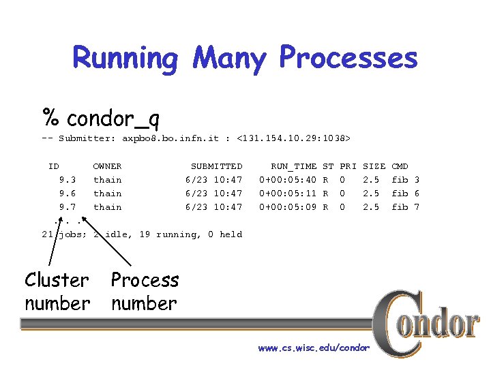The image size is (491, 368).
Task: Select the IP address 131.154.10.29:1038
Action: [x=293, y=139]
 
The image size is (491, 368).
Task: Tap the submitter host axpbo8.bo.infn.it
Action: [x=170, y=139]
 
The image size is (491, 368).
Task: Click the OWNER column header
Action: [x=107, y=166]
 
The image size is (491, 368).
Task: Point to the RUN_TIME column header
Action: [x=293, y=166]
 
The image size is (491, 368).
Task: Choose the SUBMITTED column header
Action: [x=216, y=166]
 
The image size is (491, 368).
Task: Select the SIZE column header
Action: [x=374, y=166]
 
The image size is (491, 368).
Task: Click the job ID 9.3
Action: [x=68, y=180]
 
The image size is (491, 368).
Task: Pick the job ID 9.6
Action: [x=68, y=194]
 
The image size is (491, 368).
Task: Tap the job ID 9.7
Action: [x=68, y=207]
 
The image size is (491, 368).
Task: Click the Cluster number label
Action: [x=57, y=291]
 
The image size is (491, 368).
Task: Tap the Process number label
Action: [x=145, y=291]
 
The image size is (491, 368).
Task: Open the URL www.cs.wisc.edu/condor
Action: [x=314, y=348]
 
